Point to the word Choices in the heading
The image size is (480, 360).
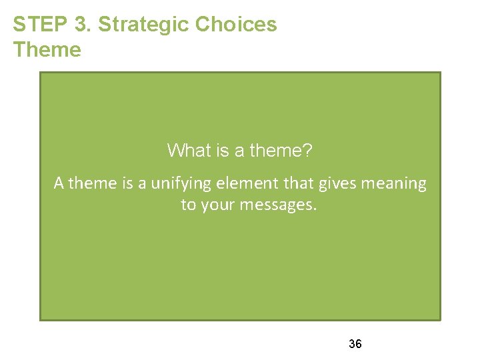236,25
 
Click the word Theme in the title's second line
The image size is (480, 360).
47,50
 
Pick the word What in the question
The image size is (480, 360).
187,151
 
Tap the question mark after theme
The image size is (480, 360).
307,151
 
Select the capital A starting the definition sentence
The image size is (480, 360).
59,183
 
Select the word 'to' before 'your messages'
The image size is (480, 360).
188,205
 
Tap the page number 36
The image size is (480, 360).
355,344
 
